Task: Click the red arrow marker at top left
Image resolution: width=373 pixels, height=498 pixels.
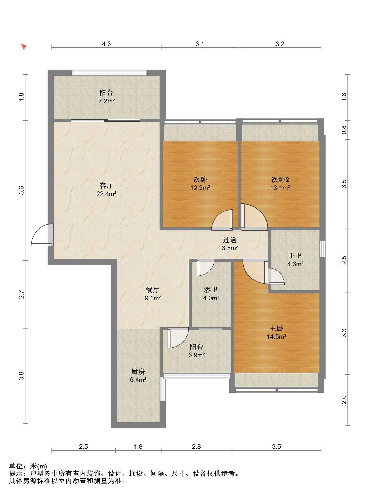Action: pyautogui.click(x=24, y=47)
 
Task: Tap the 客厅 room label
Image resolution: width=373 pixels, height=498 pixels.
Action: pyautogui.click(x=106, y=185)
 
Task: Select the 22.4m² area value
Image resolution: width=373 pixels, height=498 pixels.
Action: pyautogui.click(x=106, y=194)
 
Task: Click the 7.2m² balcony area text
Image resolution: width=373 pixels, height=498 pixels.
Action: pyautogui.click(x=106, y=101)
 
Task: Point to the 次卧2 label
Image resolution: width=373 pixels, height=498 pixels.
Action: pyautogui.click(x=280, y=179)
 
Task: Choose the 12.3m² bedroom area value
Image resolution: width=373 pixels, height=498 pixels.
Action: pyautogui.click(x=200, y=188)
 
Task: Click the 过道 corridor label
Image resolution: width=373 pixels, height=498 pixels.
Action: pyautogui.click(x=230, y=240)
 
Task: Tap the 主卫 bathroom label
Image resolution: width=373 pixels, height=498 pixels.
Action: pyautogui.click(x=295, y=255)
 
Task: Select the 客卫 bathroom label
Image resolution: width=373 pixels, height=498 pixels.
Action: pyautogui.click(x=211, y=290)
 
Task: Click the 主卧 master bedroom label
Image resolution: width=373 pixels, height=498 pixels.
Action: pyautogui.click(x=276, y=328)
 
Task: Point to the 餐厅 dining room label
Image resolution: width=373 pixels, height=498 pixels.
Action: pyautogui.click(x=153, y=290)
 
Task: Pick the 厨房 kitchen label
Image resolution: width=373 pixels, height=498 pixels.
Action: pyautogui.click(x=138, y=371)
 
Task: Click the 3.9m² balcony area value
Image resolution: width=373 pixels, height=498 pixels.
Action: pyautogui.click(x=197, y=355)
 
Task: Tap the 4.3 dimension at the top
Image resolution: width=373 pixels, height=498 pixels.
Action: pyautogui.click(x=106, y=44)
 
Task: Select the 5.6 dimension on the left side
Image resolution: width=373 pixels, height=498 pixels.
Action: pyautogui.click(x=22, y=190)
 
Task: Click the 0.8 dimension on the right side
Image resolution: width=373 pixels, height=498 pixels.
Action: pyautogui.click(x=344, y=130)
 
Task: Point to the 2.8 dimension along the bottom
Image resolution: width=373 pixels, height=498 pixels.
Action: pyautogui.click(x=196, y=446)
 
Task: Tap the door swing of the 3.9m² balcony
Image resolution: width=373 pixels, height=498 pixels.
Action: pyautogui.click(x=178, y=338)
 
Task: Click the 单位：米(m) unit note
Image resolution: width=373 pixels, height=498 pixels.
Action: pyautogui.click(x=28, y=466)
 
